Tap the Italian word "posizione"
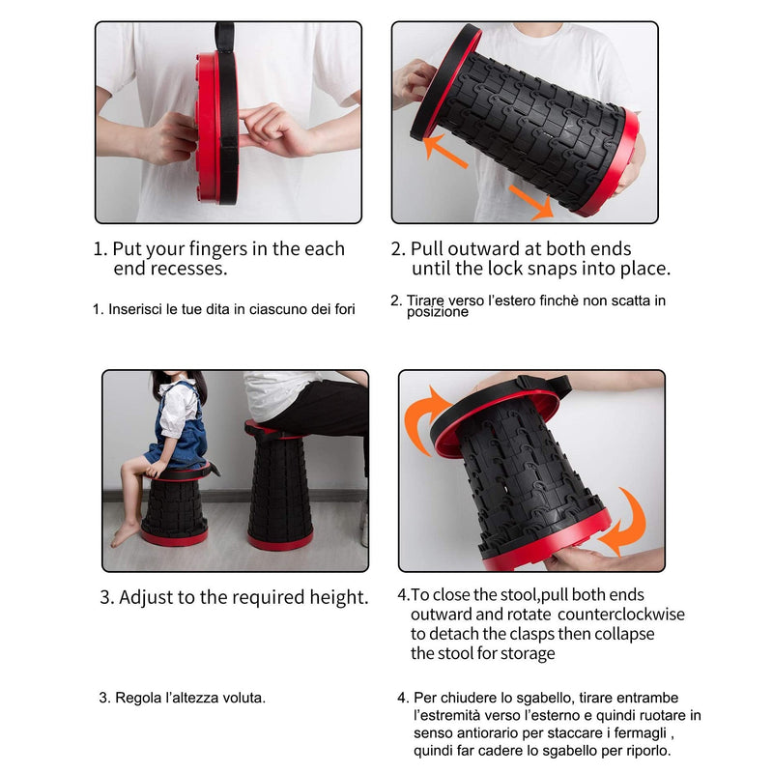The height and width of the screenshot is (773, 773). click(438, 312)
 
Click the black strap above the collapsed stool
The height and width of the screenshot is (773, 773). click(224, 36)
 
